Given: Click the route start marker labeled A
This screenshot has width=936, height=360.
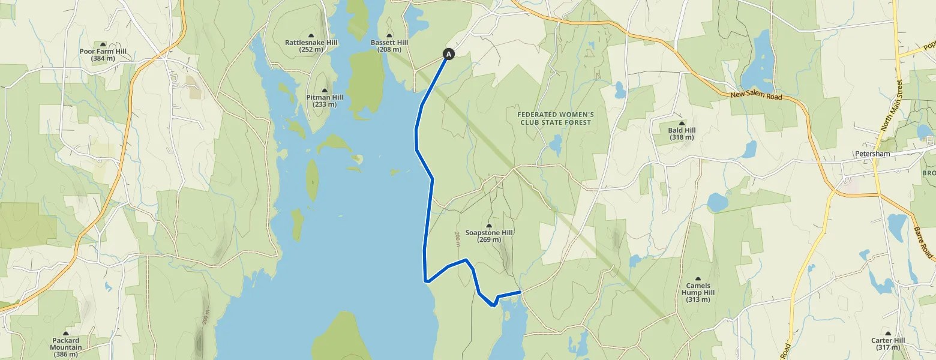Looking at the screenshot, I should [448, 54].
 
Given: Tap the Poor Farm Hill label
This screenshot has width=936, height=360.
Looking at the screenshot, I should [103, 55].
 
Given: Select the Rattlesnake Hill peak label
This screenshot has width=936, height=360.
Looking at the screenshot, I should [311, 46].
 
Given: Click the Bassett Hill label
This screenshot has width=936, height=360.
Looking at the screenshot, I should [389, 46].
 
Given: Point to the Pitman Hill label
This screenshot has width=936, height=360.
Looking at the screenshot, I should [325, 100].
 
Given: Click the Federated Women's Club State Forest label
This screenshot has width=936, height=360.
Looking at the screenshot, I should [555, 118].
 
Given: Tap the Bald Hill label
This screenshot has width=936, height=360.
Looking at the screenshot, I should [680, 133].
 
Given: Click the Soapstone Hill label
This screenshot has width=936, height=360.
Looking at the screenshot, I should [489, 236].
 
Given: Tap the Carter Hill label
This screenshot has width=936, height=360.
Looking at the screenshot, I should [888, 344].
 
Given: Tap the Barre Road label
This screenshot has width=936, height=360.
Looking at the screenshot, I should [925, 243].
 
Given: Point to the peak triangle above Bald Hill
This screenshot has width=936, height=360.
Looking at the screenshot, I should [680, 123].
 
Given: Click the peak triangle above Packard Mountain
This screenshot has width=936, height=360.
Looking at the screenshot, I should [65, 334].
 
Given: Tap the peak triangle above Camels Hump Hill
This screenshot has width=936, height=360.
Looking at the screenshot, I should [698, 278].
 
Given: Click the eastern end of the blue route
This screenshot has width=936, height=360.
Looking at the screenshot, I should [520, 292].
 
